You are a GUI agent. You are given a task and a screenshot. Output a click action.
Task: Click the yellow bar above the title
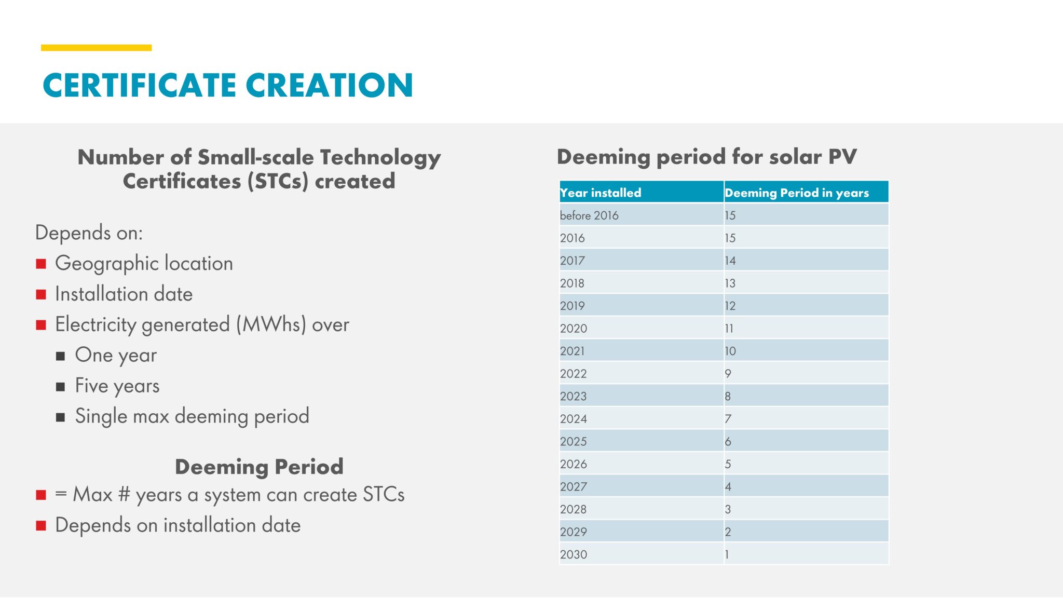tap(96, 48)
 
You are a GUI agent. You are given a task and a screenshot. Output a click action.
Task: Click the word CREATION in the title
tap(329, 85)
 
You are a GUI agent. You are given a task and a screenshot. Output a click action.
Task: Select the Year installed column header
tap(601, 193)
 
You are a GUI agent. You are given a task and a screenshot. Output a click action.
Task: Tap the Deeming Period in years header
tap(796, 193)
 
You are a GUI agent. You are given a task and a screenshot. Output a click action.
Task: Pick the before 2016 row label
tap(589, 215)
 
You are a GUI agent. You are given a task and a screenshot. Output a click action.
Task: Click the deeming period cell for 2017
tap(730, 261)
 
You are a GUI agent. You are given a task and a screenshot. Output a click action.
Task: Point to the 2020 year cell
tap(574, 329)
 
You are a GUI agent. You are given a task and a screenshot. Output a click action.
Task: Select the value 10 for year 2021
tap(730, 351)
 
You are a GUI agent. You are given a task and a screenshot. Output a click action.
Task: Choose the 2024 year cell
tap(574, 419)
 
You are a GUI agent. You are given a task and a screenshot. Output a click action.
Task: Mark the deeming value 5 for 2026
tap(728, 464)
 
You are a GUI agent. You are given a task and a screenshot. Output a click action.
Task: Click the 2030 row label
tap(574, 554)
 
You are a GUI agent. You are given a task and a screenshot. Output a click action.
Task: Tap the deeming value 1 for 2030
tap(727, 554)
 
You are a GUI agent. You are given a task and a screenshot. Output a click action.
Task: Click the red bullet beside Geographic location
tap(41, 264)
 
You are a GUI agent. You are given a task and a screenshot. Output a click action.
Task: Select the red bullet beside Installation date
tap(41, 294)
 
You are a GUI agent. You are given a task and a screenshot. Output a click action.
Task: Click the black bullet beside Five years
tap(61, 387)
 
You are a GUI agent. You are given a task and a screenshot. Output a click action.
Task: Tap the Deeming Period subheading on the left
tap(259, 467)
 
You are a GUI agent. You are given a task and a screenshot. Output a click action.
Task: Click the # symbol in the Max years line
tap(124, 494)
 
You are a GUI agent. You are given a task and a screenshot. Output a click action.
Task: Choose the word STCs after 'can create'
tap(384, 494)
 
